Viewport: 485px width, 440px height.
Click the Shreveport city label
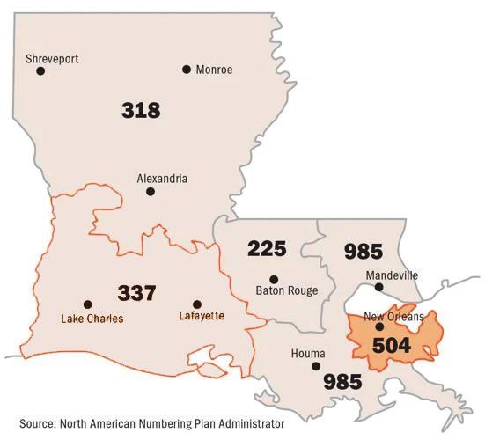[52, 59]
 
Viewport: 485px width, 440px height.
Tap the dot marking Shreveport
[40, 71]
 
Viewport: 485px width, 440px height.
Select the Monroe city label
[214, 70]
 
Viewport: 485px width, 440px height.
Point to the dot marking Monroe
[187, 70]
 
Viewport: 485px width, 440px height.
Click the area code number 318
[141, 110]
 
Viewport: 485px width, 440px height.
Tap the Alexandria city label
[162, 179]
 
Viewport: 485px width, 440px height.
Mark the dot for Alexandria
[151, 192]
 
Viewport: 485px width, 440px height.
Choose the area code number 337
[138, 291]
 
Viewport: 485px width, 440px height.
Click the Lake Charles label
[92, 319]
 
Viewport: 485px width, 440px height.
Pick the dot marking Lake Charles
[87, 304]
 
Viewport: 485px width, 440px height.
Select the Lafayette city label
[202, 316]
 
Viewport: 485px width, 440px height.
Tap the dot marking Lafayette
[197, 304]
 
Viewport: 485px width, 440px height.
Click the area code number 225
[267, 249]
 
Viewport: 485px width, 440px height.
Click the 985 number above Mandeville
[363, 252]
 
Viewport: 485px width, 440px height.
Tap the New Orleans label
[393, 317]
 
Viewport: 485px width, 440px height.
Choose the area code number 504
[392, 344]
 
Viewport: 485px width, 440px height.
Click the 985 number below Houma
[342, 381]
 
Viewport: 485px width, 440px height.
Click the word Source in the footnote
[37, 422]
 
